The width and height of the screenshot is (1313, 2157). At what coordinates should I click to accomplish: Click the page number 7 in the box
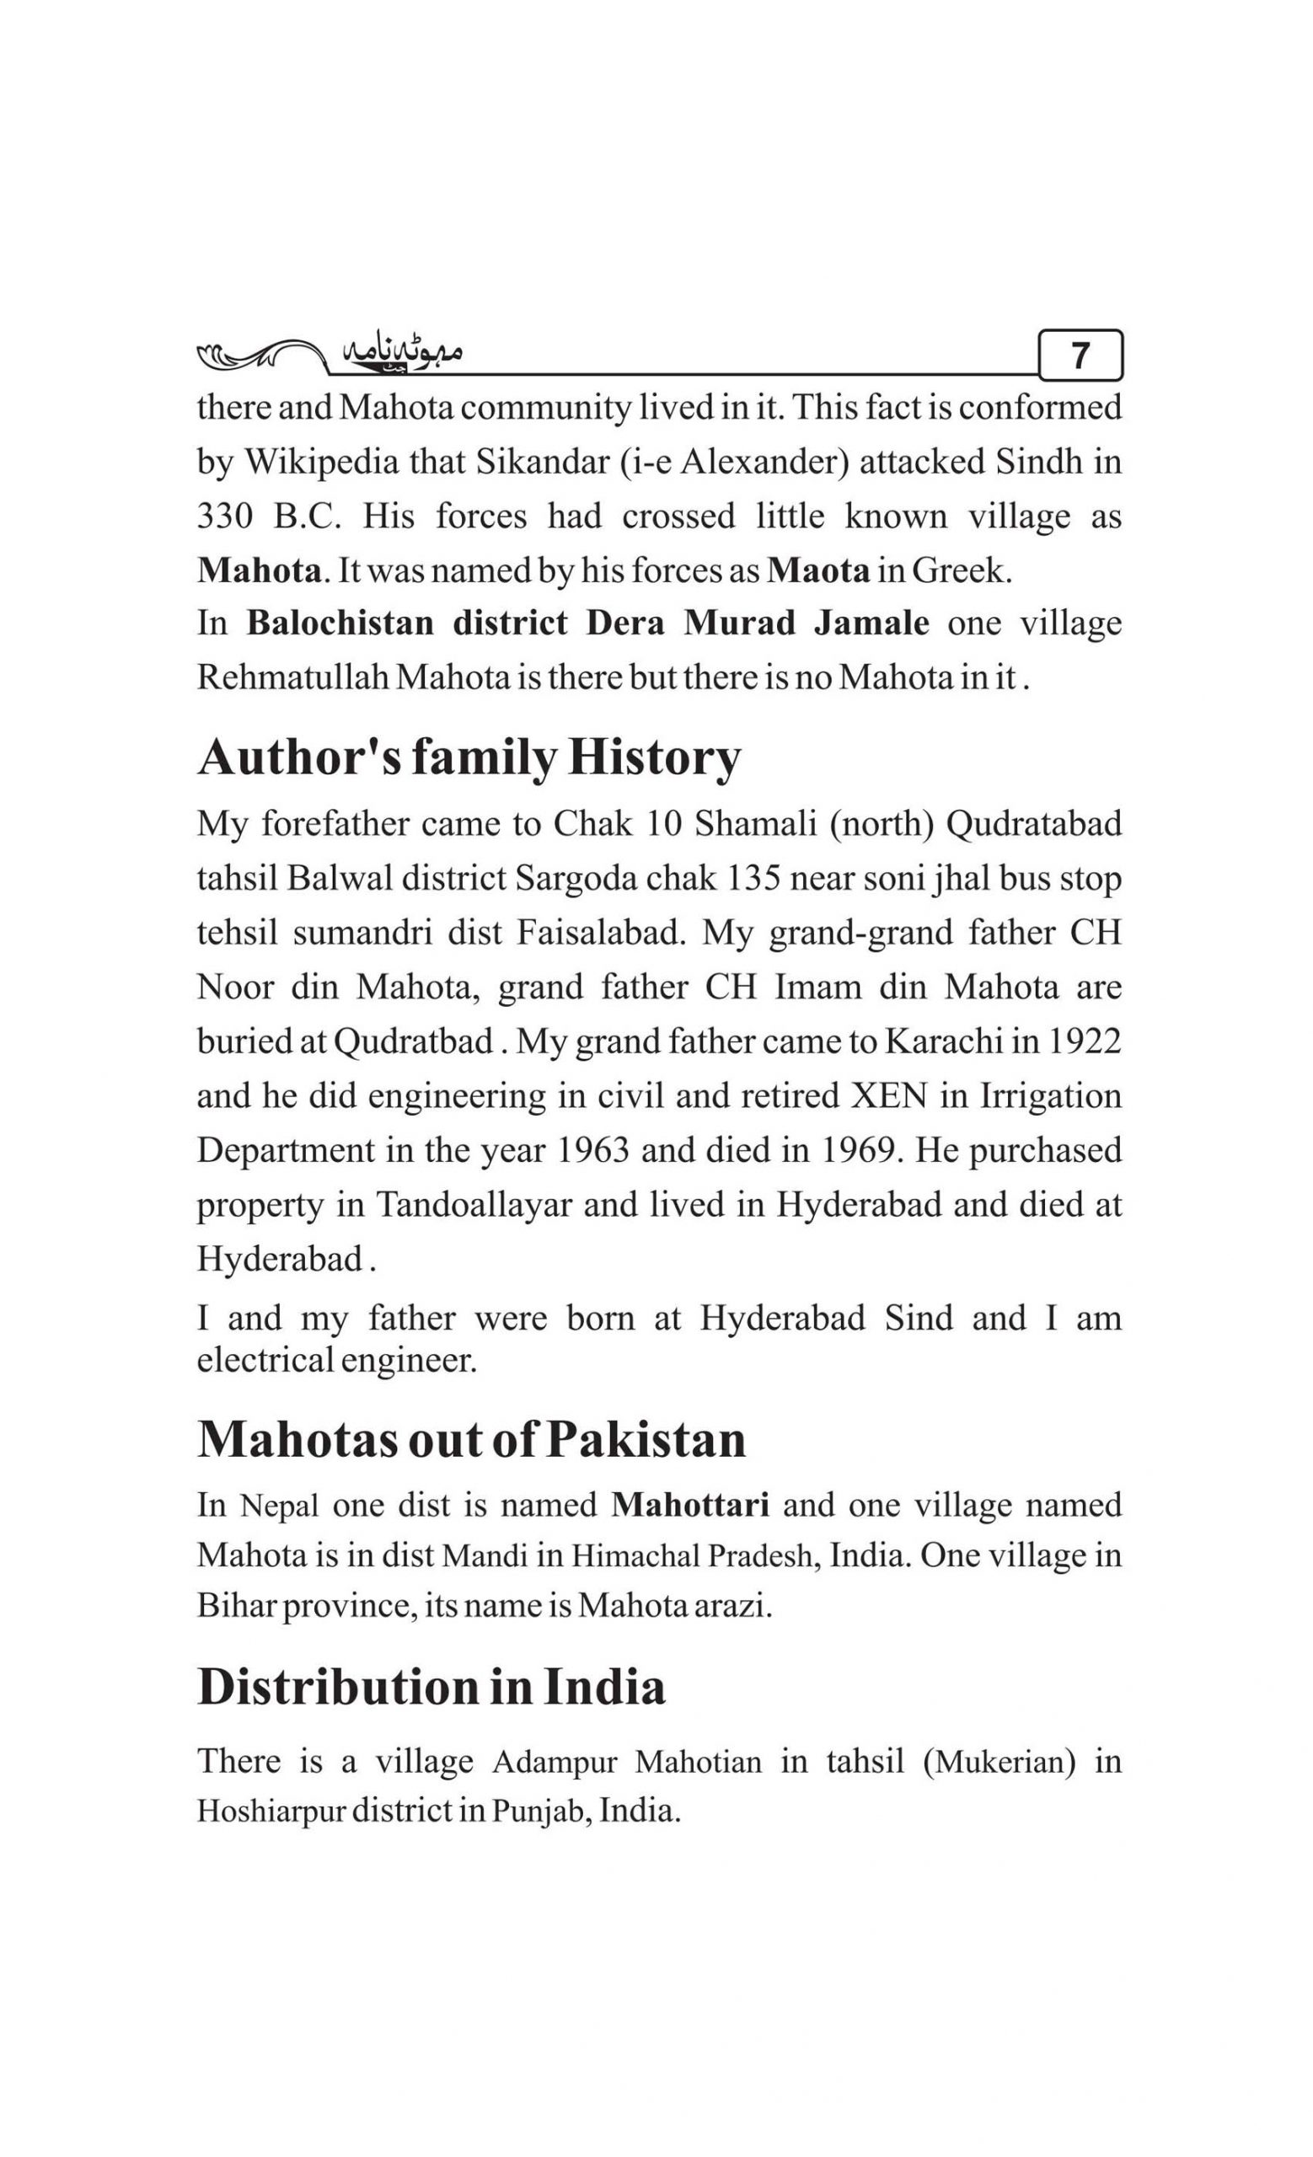pos(1080,356)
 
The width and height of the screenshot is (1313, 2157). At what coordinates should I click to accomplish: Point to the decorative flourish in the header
pos(258,355)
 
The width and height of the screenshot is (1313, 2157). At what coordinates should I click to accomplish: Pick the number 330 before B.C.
pos(225,516)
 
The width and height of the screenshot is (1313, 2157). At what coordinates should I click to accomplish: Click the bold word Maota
pos(818,570)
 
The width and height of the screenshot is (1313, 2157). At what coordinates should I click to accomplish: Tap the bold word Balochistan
pos(340,624)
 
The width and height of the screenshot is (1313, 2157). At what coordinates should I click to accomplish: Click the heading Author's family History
pos(469,757)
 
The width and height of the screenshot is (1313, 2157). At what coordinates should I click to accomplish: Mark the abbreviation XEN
pos(889,1095)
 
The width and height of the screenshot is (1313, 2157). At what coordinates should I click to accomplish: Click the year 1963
pos(592,1149)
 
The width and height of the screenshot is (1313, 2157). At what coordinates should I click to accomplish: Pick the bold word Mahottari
pos(689,1505)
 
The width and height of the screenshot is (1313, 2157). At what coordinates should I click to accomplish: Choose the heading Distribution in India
pos(431,1686)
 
